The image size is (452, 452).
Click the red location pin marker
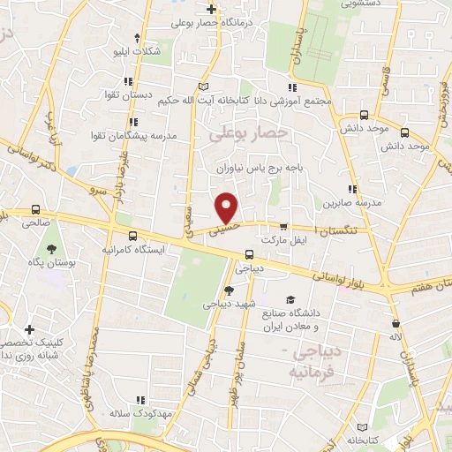tap(228, 207)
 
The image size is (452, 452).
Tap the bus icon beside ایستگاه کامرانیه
tap(132, 236)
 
